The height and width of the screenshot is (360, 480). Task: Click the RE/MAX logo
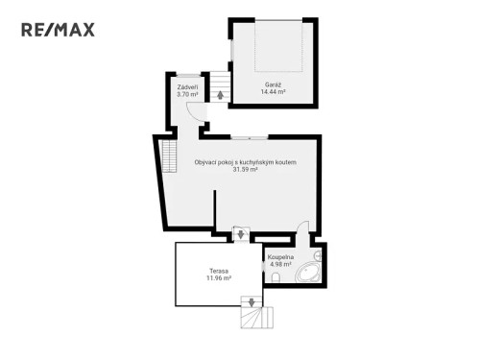click(58, 30)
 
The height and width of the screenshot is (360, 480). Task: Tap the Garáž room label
click(274, 84)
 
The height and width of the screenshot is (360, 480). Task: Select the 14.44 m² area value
click(274, 92)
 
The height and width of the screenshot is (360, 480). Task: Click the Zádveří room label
click(187, 87)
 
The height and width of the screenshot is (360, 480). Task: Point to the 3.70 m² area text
click(187, 95)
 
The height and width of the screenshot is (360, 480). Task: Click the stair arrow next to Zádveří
click(221, 94)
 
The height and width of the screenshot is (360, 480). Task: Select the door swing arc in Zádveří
click(195, 112)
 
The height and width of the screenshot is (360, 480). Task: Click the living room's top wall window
click(250, 135)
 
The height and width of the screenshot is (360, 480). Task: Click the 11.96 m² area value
click(218, 279)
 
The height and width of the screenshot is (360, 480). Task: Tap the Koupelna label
click(279, 257)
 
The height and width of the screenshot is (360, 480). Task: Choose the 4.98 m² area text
click(279, 265)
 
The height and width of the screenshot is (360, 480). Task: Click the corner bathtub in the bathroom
click(309, 273)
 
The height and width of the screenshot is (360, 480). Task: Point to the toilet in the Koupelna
click(276, 278)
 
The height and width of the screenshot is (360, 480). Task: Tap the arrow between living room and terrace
click(238, 231)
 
